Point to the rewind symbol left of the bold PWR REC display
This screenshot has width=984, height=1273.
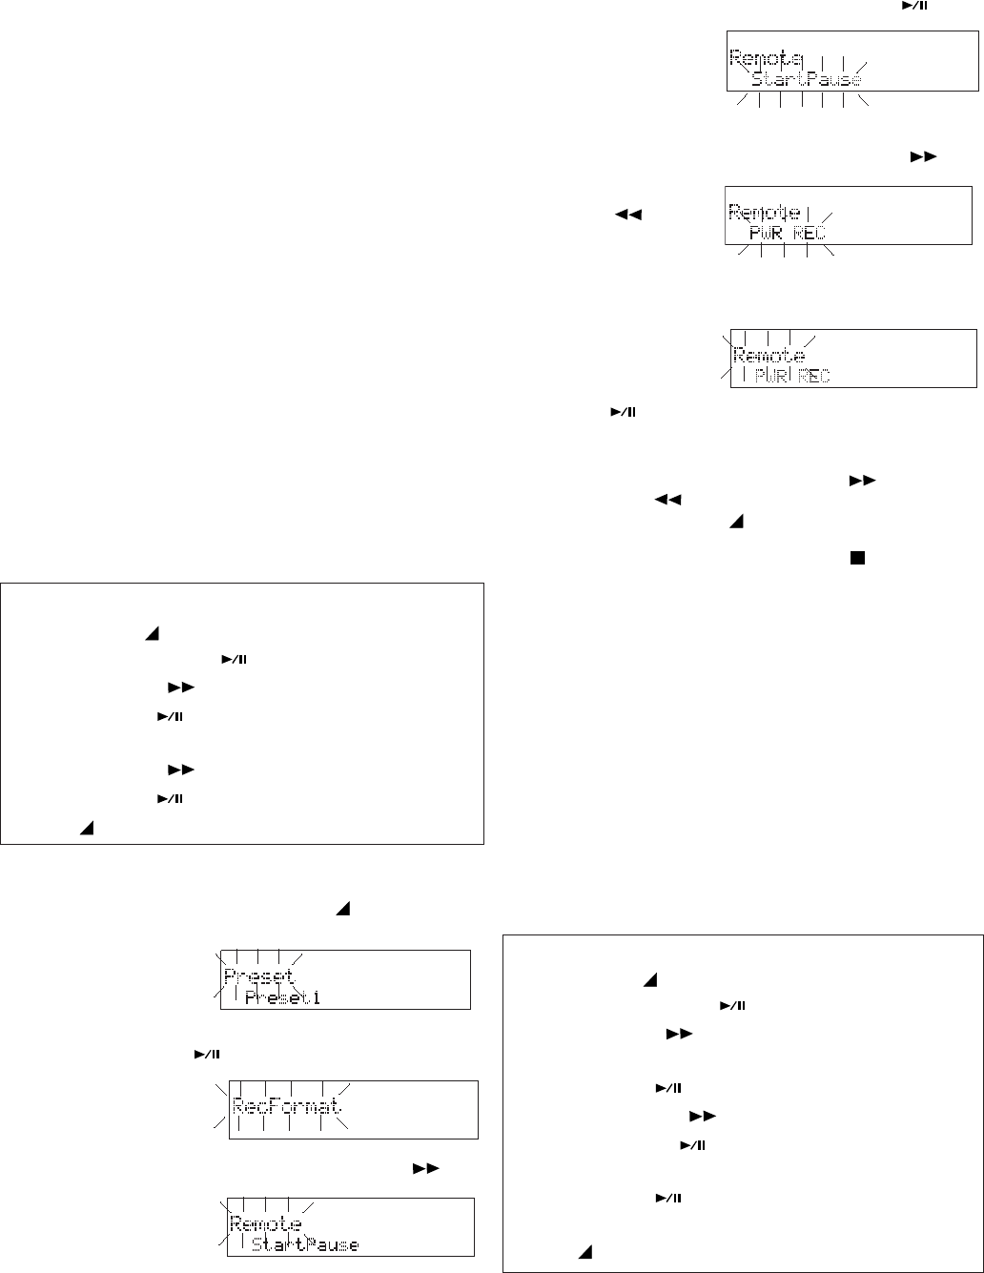625,216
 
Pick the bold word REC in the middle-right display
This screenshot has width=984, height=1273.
809,233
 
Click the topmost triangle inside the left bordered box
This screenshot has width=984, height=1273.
151,633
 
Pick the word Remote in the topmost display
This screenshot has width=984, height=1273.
766,57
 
